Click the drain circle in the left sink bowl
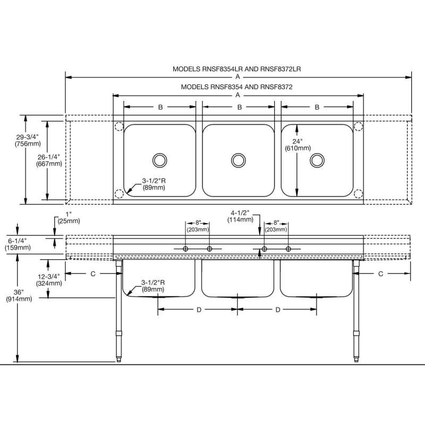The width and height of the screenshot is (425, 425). pyautogui.click(x=159, y=159)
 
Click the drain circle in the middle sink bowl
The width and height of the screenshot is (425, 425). pyautogui.click(x=238, y=159)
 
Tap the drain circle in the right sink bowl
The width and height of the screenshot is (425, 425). pyautogui.click(x=317, y=159)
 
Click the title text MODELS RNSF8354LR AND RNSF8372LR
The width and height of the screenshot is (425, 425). pyautogui.click(x=237, y=69)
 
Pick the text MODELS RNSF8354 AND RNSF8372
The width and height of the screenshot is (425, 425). pyautogui.click(x=237, y=86)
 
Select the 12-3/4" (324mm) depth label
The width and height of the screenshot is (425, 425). pyautogui.click(x=50, y=279)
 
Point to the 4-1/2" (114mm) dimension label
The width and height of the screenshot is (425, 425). pyautogui.click(x=240, y=215)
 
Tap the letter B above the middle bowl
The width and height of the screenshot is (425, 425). pyautogui.click(x=240, y=107)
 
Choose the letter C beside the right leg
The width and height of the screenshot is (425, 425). pyautogui.click(x=381, y=274)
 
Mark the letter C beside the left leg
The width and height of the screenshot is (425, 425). pyautogui.click(x=93, y=274)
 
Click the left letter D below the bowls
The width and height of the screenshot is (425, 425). pyautogui.click(x=198, y=309)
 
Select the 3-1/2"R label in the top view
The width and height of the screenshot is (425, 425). pyautogui.click(x=153, y=184)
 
